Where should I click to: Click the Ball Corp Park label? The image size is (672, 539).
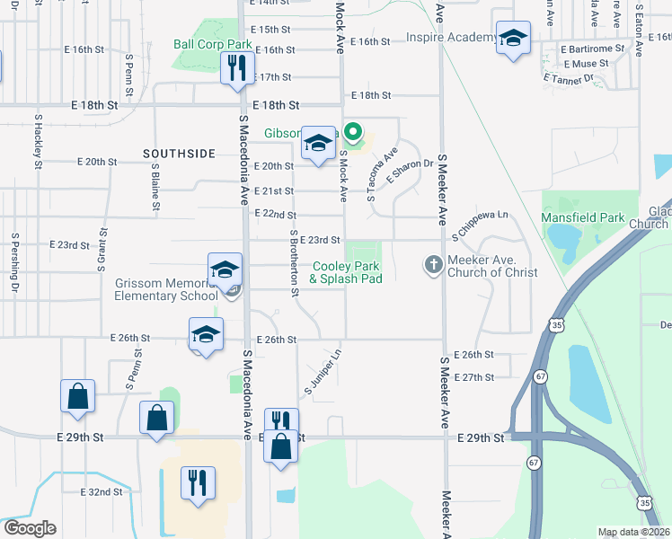point(213,44)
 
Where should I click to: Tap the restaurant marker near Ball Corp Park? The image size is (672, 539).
point(238,68)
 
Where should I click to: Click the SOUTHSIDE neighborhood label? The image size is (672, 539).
point(179,154)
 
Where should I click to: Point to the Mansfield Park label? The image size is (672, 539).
point(582,217)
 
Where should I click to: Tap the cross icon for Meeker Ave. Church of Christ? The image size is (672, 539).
point(433,264)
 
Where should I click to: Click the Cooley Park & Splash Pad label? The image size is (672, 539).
point(347,272)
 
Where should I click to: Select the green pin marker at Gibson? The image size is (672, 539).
point(354,135)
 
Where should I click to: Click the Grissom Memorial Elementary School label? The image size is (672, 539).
point(166,289)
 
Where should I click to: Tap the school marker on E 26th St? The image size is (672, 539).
point(207,335)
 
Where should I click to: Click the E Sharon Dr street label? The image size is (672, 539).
point(411,172)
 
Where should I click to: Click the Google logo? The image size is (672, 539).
point(30,528)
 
